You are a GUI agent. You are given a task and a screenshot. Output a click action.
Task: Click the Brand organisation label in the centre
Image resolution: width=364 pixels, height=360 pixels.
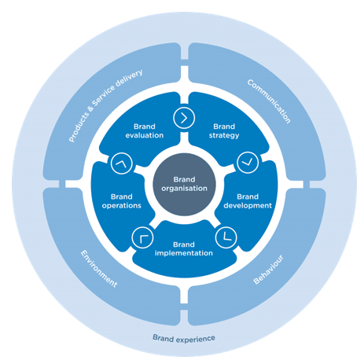click(182, 183)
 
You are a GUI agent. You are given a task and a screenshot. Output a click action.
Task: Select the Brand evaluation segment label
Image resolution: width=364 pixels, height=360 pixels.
click(144, 130)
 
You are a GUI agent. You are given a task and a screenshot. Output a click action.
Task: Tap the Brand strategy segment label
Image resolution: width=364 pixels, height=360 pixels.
click(224, 130)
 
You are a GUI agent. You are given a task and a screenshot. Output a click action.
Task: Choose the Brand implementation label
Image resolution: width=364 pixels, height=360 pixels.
click(182, 248)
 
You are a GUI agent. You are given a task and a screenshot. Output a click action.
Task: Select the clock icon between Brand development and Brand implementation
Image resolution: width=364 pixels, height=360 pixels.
click(225, 234)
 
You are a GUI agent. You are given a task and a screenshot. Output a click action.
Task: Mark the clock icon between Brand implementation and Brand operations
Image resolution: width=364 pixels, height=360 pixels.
click(142, 234)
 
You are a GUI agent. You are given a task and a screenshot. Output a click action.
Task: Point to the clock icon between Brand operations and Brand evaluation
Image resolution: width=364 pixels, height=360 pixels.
click(120, 163)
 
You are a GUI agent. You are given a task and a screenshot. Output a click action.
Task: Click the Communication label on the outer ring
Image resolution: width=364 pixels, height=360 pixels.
click(268, 101)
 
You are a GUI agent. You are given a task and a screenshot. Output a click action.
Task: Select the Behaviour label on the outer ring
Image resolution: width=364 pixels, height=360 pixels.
click(269, 267)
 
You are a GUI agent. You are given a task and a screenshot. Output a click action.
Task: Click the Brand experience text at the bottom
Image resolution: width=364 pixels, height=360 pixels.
click(183, 339)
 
